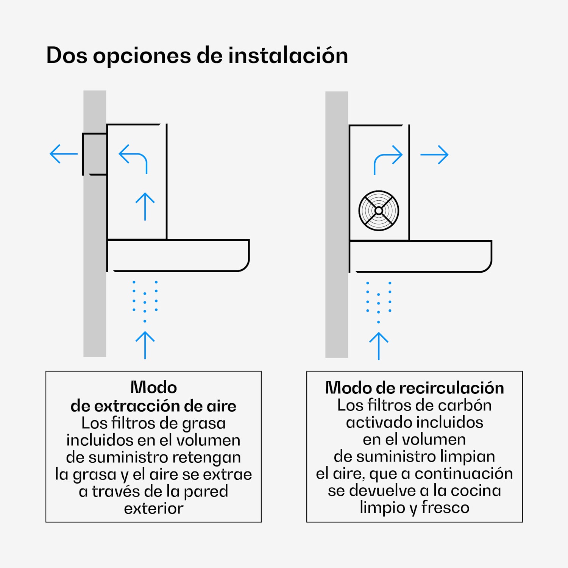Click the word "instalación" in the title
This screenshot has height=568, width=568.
pyautogui.click(x=288, y=55)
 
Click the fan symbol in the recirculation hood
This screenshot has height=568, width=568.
pyautogui.click(x=379, y=211)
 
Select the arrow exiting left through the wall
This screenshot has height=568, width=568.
pyautogui.click(x=64, y=154)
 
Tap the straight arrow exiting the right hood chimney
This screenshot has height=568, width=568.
pyautogui.click(x=434, y=154)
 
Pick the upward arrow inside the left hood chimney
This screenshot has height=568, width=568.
pyautogui.click(x=145, y=206)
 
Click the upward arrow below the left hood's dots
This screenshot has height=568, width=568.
pyautogui.click(x=145, y=345)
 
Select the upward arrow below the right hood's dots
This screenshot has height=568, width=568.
pyautogui.click(x=379, y=346)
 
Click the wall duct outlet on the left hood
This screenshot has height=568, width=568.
pyautogui.click(x=95, y=154)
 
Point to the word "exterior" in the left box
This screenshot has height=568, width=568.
pyautogui.click(x=154, y=509)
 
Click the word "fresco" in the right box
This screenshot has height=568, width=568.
pyautogui.click(x=445, y=507)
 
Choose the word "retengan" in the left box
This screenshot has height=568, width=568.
pyautogui.click(x=209, y=458)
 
